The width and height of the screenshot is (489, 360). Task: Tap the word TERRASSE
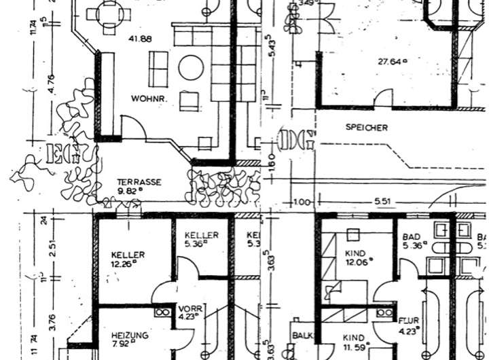(139, 182)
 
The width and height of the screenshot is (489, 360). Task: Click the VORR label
(189, 306)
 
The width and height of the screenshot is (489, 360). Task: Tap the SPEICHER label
(366, 127)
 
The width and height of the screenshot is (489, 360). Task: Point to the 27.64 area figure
(392, 61)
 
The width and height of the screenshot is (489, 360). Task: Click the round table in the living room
(191, 68)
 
